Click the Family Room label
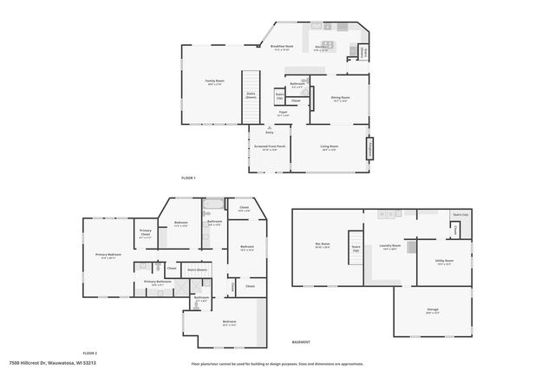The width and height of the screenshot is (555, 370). tap(214, 81)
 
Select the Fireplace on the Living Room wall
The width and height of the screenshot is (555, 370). tap(369, 149)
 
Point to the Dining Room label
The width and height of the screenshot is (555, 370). tap(340, 99)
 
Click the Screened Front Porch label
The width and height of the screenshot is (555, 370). tap(270, 147)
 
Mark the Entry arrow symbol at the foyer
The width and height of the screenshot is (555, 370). tap(270, 128)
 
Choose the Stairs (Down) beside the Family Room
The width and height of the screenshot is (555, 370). tap(251, 95)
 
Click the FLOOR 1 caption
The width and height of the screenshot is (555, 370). tap(188, 178)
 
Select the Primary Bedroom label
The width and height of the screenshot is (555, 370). tap(108, 255)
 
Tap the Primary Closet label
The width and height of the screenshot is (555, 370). tap(146, 233)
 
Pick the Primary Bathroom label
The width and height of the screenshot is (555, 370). tap(157, 282)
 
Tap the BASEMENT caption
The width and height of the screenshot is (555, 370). tap(301, 342)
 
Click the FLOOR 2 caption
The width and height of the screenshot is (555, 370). tap(89, 354)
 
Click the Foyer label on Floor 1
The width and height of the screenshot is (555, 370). tap(283, 113)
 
